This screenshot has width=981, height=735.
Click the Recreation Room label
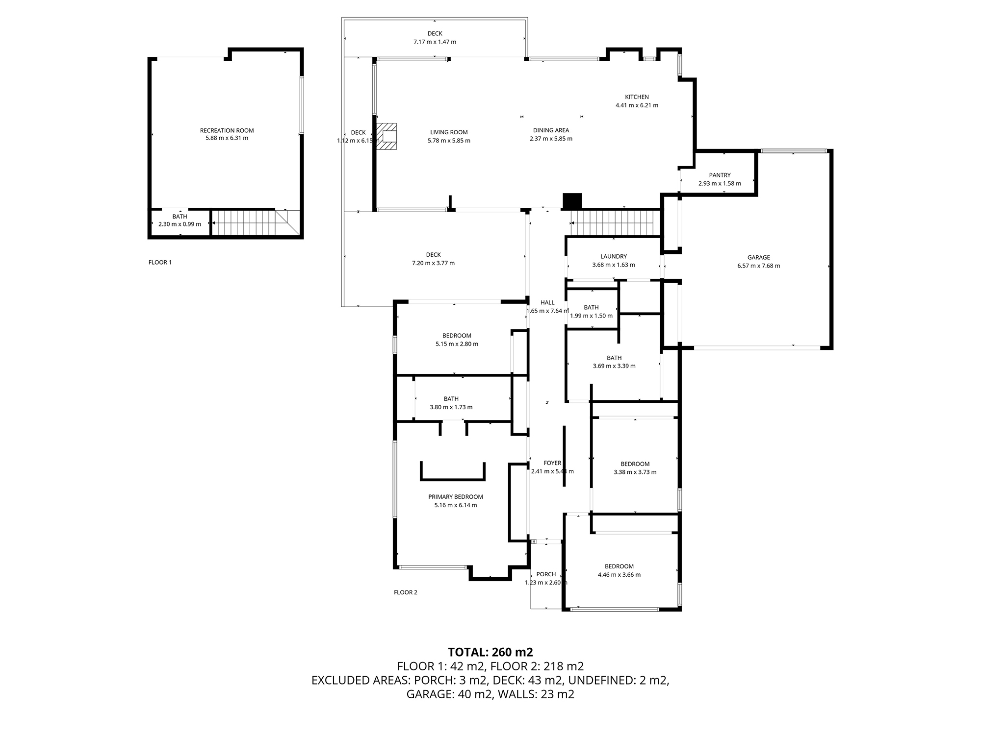227,130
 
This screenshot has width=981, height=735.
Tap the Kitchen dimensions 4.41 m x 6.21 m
637,105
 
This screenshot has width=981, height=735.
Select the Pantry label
720,175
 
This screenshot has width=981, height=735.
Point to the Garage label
758,257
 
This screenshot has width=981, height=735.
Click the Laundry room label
614,256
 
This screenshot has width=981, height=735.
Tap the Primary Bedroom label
455,497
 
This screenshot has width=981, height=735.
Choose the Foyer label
552,463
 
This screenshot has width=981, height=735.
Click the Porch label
546,574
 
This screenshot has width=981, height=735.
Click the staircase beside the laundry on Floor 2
615,222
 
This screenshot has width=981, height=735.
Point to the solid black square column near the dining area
572,201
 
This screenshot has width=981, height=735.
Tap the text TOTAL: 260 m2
490,652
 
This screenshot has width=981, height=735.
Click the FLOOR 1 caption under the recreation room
160,262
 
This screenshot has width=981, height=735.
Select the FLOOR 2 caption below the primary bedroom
405,592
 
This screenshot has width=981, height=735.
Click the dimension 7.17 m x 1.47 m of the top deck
435,42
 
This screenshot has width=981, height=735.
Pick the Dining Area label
551,130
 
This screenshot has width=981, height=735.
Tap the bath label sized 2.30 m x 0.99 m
180,224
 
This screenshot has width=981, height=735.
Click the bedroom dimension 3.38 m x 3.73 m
635,472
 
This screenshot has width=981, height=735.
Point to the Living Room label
449,132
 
